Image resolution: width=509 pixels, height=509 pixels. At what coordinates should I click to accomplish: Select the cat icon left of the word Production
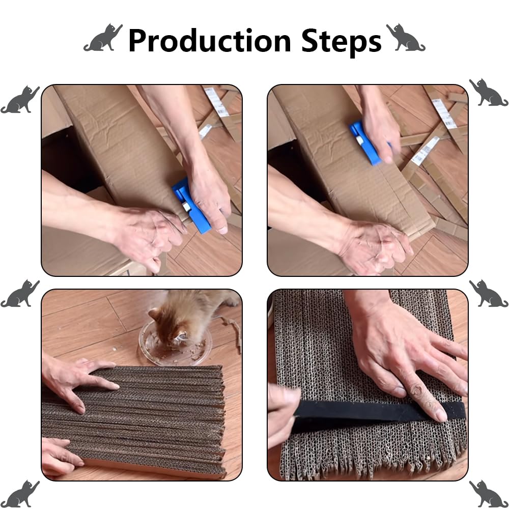pos(103,38)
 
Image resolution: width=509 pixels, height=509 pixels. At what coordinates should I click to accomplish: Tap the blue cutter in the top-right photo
pos(365,143)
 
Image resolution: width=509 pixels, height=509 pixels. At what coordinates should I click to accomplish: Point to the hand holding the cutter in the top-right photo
pos(379,127)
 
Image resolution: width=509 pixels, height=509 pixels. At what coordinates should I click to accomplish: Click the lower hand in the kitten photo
pos(61,456)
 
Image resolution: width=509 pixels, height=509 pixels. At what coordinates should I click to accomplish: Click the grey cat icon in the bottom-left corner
pos(20,494)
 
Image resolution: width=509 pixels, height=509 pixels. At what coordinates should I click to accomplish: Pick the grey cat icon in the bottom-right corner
pos(489,494)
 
